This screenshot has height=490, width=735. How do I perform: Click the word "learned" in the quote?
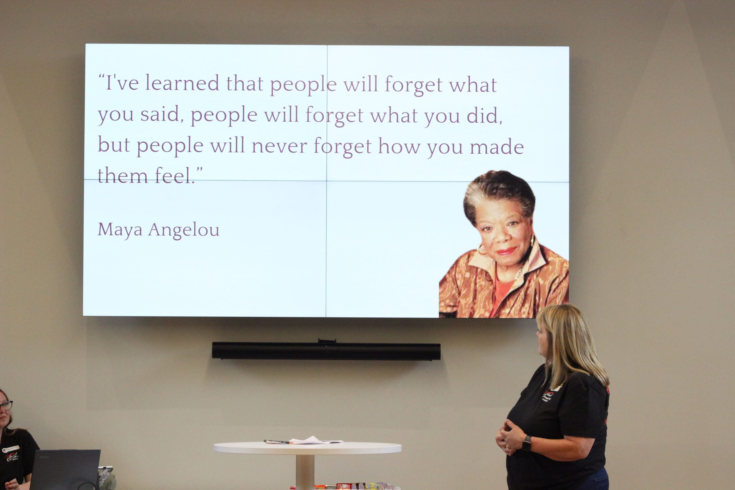point(182,83)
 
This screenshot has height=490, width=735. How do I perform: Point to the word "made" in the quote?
point(497,147)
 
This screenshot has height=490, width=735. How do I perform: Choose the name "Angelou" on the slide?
point(184,230)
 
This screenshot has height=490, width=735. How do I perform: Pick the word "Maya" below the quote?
point(120,230)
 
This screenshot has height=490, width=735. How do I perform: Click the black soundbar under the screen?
point(326,351)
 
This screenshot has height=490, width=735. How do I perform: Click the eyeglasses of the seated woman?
point(6,406)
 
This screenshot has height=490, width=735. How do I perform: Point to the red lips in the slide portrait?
point(506,251)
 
